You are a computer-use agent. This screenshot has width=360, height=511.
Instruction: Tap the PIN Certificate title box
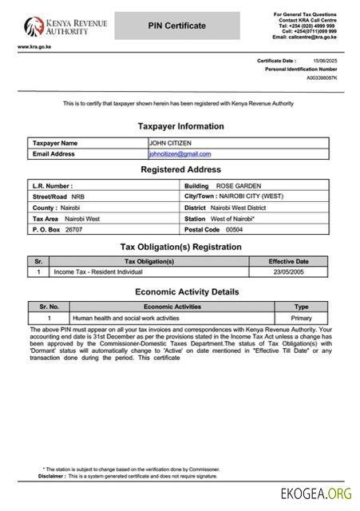pos(176,26)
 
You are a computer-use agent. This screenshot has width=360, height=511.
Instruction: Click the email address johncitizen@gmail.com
pos(180,153)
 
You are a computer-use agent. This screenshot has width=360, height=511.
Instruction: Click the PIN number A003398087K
pos(322,78)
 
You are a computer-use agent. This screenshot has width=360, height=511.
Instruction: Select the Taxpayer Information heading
pos(180,126)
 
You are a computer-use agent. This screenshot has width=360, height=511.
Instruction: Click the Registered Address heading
pos(180,170)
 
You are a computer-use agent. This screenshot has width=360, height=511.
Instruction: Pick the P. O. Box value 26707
pos(73,229)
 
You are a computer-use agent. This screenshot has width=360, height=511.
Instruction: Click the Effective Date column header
pos(288,261)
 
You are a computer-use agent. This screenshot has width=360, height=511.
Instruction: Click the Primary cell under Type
pos(301,318)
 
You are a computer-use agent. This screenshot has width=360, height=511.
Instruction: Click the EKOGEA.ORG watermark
pos(317,495)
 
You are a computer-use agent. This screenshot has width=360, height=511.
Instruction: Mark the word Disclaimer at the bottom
pos(52,476)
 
